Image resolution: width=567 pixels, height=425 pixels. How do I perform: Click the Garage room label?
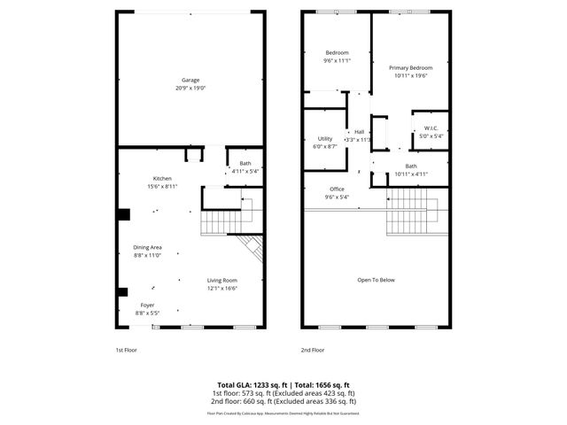(x=190, y=81)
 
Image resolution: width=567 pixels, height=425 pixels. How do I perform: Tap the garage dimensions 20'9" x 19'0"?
(x=190, y=89)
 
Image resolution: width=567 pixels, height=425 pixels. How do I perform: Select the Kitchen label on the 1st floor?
(x=161, y=179)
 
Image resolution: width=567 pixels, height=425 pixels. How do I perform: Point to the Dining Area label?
(x=147, y=247)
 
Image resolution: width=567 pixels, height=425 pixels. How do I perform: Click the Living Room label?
(x=221, y=281)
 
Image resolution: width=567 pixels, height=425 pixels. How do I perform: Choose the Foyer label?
(x=147, y=305)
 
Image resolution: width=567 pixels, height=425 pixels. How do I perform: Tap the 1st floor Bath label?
(x=245, y=163)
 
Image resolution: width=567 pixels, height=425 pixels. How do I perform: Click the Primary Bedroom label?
(x=410, y=68)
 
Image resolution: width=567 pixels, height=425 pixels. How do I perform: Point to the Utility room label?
(x=324, y=139)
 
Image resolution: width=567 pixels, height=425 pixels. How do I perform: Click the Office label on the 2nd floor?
(x=337, y=189)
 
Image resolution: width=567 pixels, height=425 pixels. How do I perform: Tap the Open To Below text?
(x=376, y=280)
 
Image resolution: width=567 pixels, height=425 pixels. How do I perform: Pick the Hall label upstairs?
(x=360, y=132)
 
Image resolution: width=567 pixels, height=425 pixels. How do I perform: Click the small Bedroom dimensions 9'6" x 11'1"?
(x=337, y=61)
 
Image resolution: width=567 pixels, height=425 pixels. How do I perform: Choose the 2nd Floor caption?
(x=313, y=350)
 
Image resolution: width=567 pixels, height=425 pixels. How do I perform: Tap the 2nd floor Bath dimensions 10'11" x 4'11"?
(x=410, y=174)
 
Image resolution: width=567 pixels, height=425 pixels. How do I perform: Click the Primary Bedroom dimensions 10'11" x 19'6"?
(x=410, y=76)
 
